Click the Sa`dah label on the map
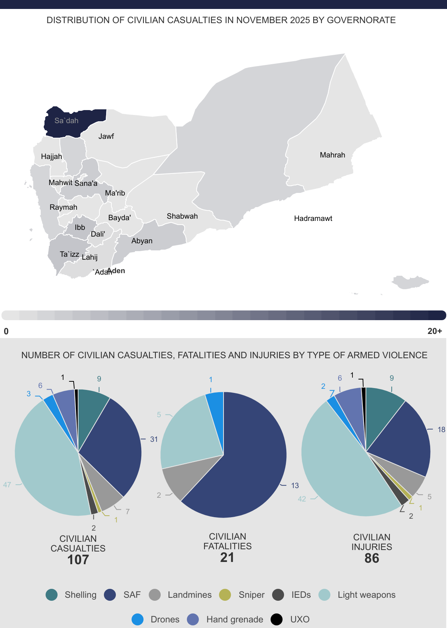point(67,121)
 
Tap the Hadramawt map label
point(313,218)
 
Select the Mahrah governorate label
point(332,155)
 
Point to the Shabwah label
point(182,216)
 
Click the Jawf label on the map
point(106,136)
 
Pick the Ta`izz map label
point(70,254)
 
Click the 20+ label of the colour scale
point(435,331)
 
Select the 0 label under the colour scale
point(6,331)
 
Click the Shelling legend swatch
point(52,595)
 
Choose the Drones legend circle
point(138,619)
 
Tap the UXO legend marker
point(277,619)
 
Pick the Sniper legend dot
point(225,595)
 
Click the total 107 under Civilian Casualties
point(78,560)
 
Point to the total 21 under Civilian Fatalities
point(227,557)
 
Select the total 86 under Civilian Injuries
point(372,558)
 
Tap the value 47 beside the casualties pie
point(7,485)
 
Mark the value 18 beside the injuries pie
point(441,429)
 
